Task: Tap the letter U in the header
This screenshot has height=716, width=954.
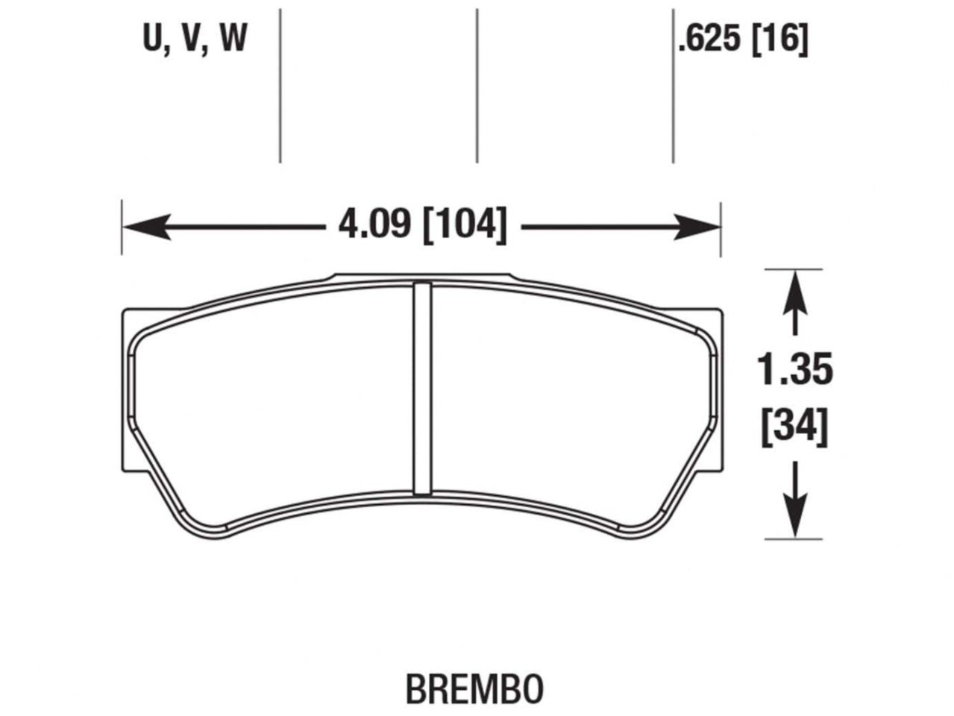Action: tap(153, 39)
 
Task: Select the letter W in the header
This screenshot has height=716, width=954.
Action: tap(233, 39)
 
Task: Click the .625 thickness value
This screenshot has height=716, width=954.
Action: tap(709, 39)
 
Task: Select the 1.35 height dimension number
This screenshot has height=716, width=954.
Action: tap(794, 371)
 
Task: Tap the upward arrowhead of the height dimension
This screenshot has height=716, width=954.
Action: tap(796, 288)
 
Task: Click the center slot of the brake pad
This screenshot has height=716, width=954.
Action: tap(422, 388)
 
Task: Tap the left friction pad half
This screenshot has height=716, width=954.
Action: tap(276, 395)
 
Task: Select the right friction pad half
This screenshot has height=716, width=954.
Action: tap(567, 395)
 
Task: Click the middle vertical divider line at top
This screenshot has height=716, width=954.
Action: tap(476, 82)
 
